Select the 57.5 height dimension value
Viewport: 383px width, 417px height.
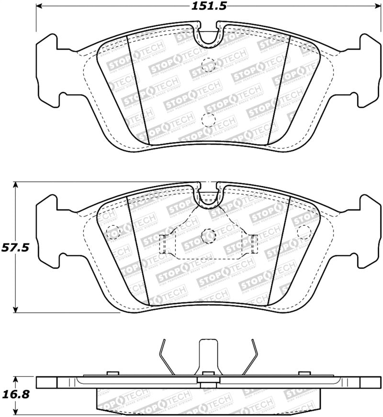[x=16, y=248]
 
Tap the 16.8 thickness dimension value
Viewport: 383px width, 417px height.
[x=16, y=394]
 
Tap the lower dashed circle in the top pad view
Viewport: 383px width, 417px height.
[x=208, y=119]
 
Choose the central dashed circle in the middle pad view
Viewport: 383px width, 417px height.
[x=208, y=235]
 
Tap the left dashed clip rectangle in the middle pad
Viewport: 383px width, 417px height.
[x=163, y=244]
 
